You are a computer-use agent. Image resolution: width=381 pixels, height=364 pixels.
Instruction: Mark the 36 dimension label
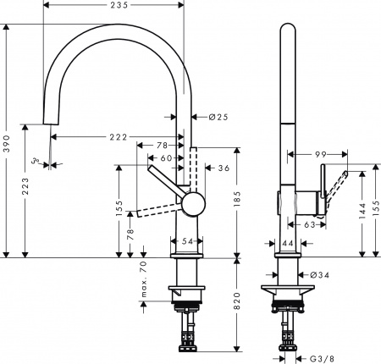click(224, 168)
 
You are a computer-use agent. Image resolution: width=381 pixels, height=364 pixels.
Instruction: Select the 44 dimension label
click(288, 244)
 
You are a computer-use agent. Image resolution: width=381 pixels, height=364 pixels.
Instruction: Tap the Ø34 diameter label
click(318, 275)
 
